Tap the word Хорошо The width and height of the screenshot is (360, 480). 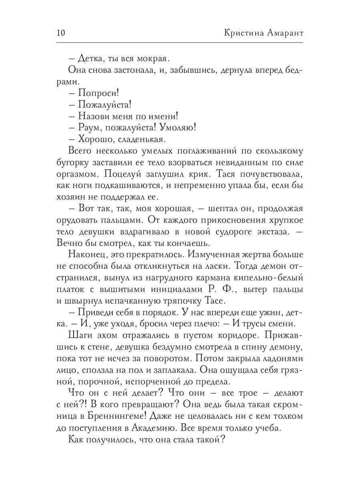[94, 139]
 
